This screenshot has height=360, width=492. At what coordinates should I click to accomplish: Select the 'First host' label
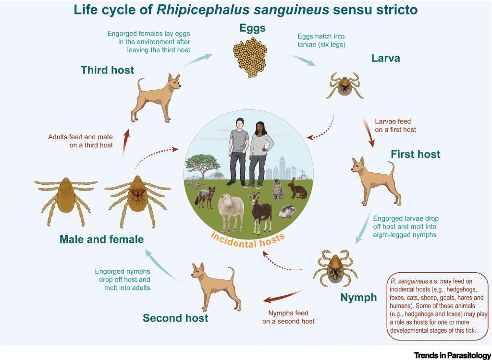[415, 155]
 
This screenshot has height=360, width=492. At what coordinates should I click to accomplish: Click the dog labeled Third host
[155, 96]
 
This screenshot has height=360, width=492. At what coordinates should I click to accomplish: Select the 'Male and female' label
[101, 239]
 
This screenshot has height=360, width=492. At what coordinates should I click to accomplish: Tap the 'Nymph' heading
[358, 298]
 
